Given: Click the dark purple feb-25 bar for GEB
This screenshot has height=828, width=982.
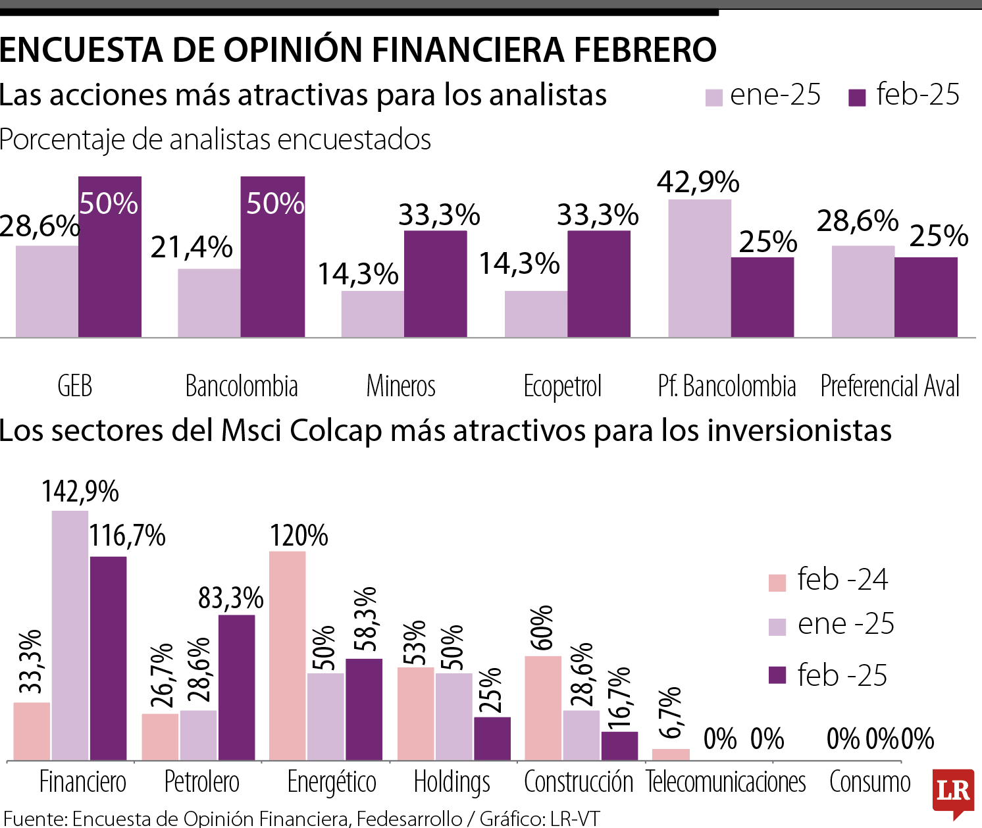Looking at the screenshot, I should point(110,263).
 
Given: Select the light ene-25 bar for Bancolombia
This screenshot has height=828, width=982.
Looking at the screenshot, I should point(209,303).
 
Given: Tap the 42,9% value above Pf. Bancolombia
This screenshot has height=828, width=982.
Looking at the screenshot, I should point(698,182).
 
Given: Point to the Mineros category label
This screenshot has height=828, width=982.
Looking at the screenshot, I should point(401,386).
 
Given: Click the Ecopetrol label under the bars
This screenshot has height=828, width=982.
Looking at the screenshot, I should point(563,386).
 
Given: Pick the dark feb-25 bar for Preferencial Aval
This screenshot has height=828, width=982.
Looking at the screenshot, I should point(925,298).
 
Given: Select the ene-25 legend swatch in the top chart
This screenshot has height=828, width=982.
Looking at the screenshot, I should point(714,98).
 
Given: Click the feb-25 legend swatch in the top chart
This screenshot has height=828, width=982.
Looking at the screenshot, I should point(857,98).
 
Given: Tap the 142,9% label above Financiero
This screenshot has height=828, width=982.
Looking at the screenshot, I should point(80,492).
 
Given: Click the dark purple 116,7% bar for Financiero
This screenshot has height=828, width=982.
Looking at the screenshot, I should point(109,658).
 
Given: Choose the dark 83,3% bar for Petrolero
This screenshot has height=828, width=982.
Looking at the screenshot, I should point(236,688).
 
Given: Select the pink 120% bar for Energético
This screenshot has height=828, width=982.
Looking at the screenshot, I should point(288,656).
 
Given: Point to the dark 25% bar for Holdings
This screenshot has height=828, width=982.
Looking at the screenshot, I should point(492,738).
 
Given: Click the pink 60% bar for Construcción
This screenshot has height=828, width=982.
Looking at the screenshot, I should point(543,708).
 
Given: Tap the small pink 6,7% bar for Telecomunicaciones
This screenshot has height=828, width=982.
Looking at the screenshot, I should point(671,754).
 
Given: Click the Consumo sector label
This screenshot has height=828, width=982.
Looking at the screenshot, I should point(869,782).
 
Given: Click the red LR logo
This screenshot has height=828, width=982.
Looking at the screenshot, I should point(954,790).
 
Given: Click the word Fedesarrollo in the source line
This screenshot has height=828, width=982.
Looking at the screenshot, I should point(409,818).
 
